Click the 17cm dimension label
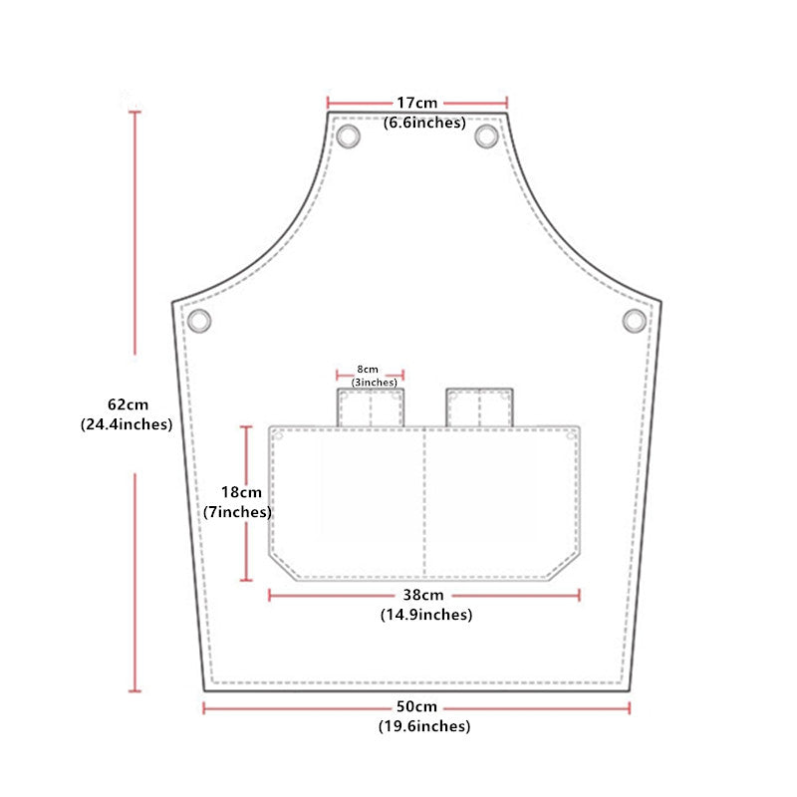tap(416, 103)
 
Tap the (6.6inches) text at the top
tap(424, 124)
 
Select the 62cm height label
tap(128, 404)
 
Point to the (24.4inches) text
tap(126, 423)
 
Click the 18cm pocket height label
tap(241, 492)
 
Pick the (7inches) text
tap(237, 512)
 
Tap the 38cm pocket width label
tap(425, 596)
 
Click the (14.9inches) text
tap(425, 615)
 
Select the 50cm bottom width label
tap(417, 706)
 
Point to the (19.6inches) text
tap(423, 726)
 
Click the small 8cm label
tap(369, 370)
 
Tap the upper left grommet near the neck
tap(349, 135)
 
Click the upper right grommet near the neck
tap(486, 135)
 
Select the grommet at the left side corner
tap(200, 321)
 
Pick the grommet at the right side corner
tap(635, 320)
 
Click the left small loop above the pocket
tap(370, 407)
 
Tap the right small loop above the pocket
tap(479, 407)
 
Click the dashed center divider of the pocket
tap(425, 503)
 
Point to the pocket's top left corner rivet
tap(280, 435)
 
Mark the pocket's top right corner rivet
tap(570, 435)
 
